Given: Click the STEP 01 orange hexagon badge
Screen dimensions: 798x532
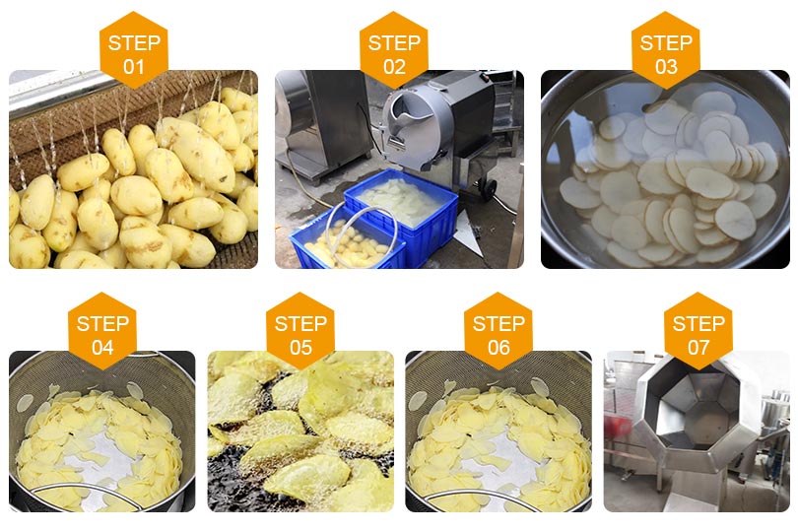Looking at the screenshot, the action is pyautogui.click(x=134, y=50).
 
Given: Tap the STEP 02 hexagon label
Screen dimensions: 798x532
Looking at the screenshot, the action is pyautogui.click(x=394, y=50).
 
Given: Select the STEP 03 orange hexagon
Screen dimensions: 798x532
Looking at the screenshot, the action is pyautogui.click(x=666, y=50).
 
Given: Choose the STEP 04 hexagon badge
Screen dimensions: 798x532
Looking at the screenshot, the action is pyautogui.click(x=102, y=331).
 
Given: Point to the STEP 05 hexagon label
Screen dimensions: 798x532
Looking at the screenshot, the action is pyautogui.click(x=300, y=331).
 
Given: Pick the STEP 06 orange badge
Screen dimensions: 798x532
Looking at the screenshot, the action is pyautogui.click(x=499, y=331).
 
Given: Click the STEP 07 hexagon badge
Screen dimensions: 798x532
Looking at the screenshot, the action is pyautogui.click(x=698, y=331).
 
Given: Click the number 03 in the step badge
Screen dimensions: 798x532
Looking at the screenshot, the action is pyautogui.click(x=666, y=67).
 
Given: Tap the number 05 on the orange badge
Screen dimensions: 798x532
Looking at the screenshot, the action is pyautogui.click(x=300, y=348).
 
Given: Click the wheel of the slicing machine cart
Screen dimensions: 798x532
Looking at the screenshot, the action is pyautogui.click(x=490, y=189).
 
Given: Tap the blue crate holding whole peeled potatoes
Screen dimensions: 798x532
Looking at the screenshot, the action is pyautogui.click(x=349, y=241).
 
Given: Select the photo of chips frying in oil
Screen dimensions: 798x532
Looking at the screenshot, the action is pyautogui.click(x=300, y=432).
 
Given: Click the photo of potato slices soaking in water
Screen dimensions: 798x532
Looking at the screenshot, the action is pyautogui.click(x=665, y=169).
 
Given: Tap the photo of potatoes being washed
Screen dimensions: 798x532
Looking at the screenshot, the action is pyautogui.click(x=133, y=169).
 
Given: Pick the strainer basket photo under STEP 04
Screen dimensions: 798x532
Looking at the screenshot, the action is pyautogui.click(x=102, y=432).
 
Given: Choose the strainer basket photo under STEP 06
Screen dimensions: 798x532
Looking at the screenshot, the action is pyautogui.click(x=499, y=432).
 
